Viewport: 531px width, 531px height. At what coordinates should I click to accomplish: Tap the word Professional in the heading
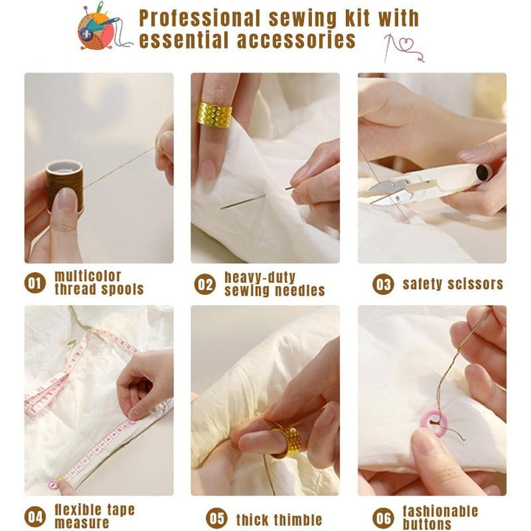(x=200, y=18)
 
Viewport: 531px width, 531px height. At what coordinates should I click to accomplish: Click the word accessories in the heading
(x=296, y=41)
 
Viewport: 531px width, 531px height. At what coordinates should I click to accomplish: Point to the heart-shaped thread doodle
(x=404, y=48)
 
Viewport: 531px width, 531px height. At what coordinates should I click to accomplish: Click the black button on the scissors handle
(x=482, y=173)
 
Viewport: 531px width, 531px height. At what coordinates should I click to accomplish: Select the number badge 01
(x=35, y=282)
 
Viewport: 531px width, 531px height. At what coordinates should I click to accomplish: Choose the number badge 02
(x=205, y=284)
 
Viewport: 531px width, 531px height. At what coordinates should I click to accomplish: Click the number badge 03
(x=383, y=284)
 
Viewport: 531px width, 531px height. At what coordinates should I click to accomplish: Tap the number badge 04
(x=35, y=517)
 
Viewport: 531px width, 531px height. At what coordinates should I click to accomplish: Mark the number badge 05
(x=216, y=518)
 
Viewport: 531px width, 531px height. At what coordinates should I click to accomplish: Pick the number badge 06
(x=383, y=518)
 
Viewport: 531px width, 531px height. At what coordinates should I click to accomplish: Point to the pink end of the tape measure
(x=53, y=485)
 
